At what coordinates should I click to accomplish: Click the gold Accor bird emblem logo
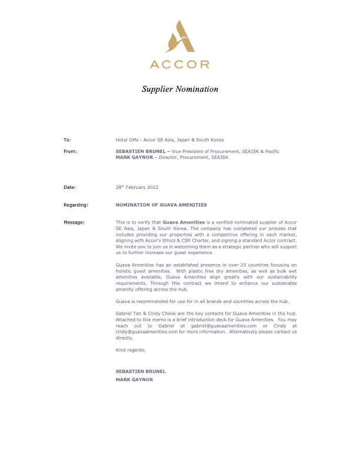[x=179, y=36]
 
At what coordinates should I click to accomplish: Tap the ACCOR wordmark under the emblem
[x=179, y=64]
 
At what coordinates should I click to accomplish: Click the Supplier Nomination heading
[x=180, y=89]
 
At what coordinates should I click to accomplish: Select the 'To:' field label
[x=67, y=140]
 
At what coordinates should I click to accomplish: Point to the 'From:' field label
[x=70, y=151]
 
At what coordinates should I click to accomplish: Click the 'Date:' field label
[x=70, y=187]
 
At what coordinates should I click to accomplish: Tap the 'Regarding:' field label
[x=75, y=205]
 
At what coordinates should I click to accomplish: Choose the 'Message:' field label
[x=74, y=222]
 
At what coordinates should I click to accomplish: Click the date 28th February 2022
[x=137, y=187]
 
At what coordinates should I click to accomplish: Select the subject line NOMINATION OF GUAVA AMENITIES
[x=161, y=205]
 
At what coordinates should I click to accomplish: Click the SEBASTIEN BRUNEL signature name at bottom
[x=141, y=371]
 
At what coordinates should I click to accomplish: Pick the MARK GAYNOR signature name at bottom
[x=135, y=380]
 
